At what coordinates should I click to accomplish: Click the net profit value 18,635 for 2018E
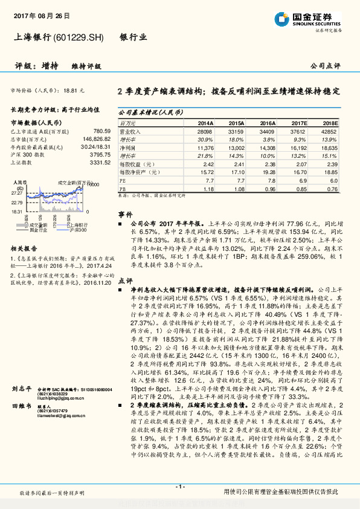click(x=329, y=147)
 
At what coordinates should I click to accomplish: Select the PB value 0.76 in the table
click(x=332, y=189)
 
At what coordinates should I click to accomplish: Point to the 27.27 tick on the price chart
click(x=18, y=192)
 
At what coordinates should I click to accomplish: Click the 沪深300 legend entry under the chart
click(x=76, y=230)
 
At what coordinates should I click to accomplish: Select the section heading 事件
click(x=125, y=214)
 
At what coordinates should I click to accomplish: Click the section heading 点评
click(x=125, y=280)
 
